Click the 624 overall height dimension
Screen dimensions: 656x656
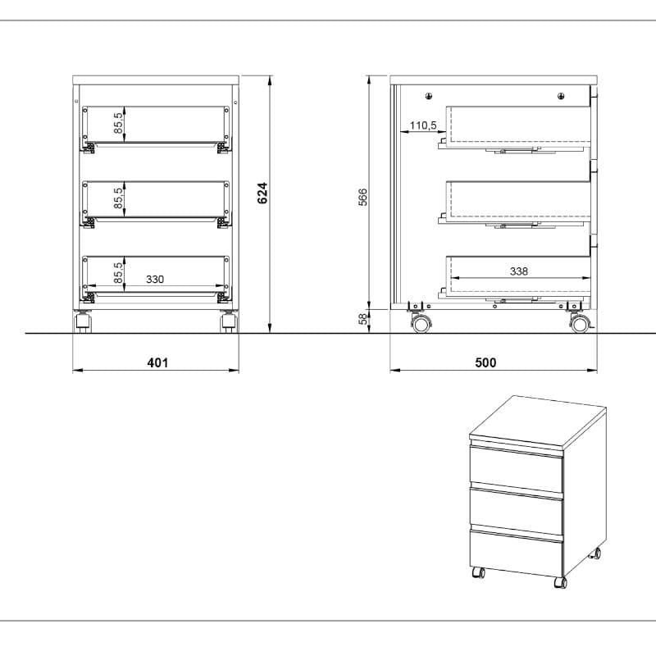[x=262, y=193]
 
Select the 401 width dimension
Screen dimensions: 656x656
[x=157, y=362]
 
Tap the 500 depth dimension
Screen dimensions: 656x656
[x=485, y=362]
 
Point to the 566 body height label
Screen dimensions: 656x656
[x=362, y=197]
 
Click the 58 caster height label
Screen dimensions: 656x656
[x=363, y=319]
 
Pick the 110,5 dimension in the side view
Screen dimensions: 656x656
[x=423, y=125]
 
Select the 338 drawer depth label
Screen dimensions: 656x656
[x=519, y=271]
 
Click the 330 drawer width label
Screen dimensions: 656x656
[x=155, y=279]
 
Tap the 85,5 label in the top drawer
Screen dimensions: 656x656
[x=118, y=123]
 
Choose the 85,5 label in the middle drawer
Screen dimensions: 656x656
[x=118, y=198]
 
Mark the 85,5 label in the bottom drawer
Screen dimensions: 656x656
[x=118, y=273]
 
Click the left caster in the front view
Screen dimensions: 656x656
[x=83, y=322]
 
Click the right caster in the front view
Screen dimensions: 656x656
[x=229, y=322]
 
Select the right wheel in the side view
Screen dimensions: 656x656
[x=580, y=324]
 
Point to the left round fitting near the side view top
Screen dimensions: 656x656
[x=429, y=96]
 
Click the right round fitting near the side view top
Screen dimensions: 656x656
[x=561, y=96]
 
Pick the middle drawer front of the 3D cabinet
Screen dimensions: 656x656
[x=517, y=512]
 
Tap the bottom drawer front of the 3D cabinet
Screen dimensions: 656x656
[x=517, y=553]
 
